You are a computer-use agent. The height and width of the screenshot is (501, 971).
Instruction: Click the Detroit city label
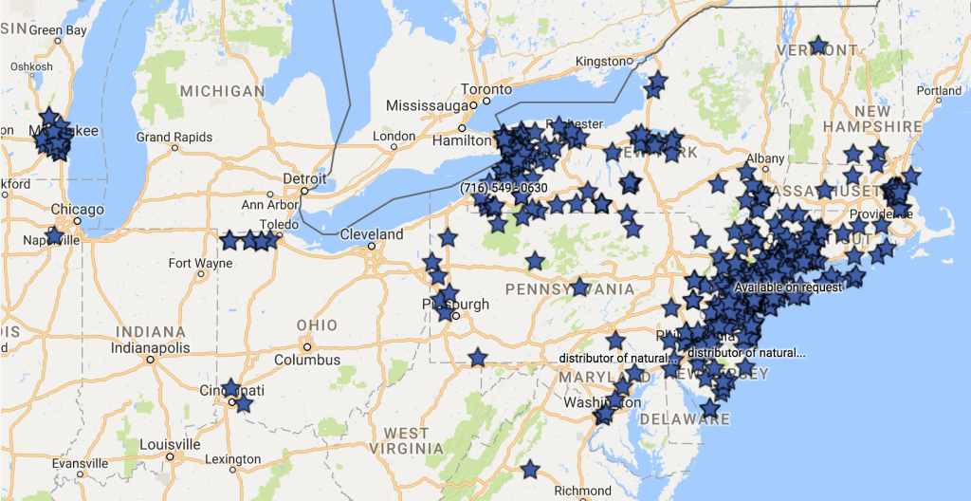(304, 178)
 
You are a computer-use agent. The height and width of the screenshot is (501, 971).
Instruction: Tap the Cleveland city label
(372, 234)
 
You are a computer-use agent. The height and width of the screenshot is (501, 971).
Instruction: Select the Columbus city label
(307, 360)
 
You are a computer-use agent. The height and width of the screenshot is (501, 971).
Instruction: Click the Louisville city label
(169, 444)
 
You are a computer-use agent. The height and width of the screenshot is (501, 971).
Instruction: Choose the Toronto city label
(486, 89)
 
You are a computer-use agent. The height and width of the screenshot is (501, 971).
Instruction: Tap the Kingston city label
(602, 62)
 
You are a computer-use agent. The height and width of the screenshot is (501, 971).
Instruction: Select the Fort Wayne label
(199, 263)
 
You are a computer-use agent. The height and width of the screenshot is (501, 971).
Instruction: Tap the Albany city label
(765, 158)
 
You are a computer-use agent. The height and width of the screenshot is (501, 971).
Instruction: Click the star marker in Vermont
(818, 46)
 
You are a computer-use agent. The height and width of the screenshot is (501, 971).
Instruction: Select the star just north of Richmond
(530, 470)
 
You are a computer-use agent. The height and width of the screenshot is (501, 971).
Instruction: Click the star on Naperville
(54, 235)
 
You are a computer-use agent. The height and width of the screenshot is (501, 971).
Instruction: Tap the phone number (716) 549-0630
(504, 188)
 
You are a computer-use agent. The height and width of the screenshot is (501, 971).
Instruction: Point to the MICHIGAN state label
(223, 91)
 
